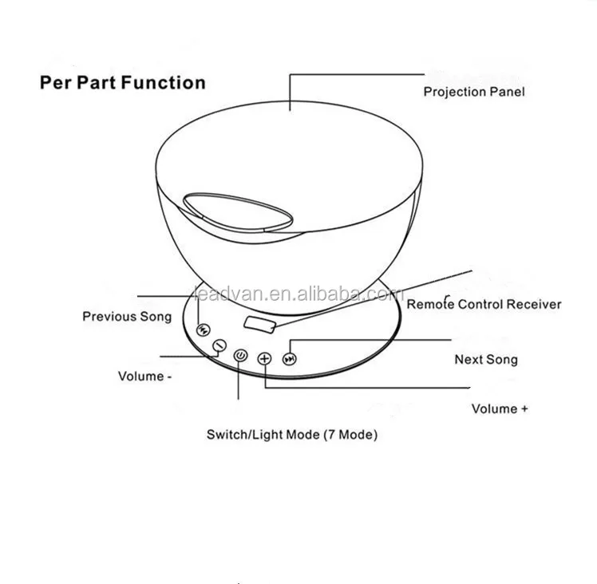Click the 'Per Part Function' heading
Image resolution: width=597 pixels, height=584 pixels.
coord(122,83)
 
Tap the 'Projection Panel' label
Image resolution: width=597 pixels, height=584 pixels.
coord(473,92)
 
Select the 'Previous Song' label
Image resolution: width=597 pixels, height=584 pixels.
coord(127,317)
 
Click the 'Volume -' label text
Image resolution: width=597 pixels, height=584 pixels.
coord(144,376)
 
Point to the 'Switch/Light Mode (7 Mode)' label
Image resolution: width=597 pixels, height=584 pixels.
coord(292,435)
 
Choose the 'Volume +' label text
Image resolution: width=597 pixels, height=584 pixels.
coord(500,408)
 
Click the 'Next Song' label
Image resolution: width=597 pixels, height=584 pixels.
coord(485,360)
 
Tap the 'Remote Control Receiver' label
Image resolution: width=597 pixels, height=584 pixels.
coord(484,304)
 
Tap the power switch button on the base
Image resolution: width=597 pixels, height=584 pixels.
coord(241,355)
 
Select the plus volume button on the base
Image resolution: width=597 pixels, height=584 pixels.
coord(265,359)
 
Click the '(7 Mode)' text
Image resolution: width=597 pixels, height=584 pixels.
coord(350,435)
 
